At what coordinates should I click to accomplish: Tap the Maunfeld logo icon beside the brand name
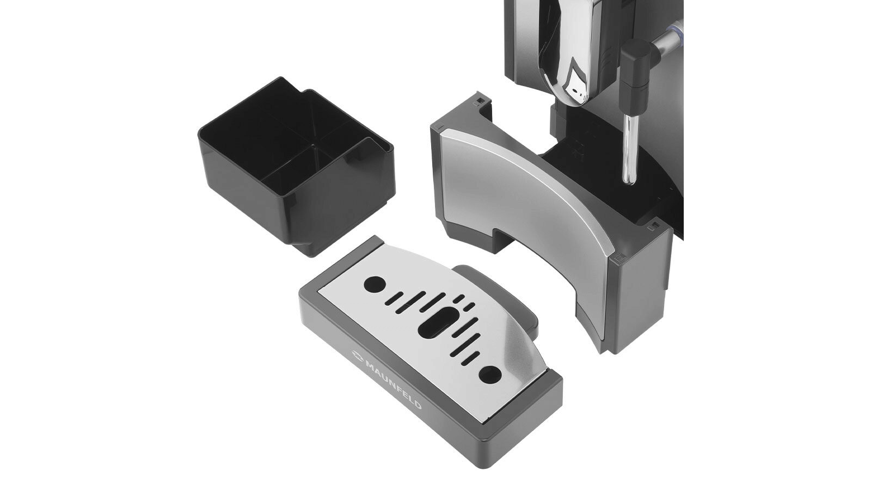357,355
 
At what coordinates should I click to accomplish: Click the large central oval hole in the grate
438,322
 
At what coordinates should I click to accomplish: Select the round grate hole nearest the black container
375,284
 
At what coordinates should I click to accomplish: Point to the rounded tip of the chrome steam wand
629,180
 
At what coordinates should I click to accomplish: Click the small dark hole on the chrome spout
576,93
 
